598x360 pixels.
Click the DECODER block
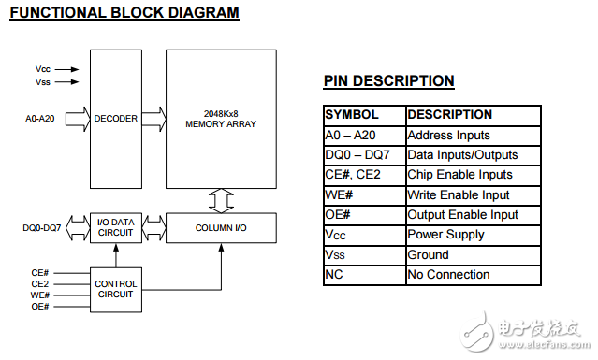click(x=116, y=119)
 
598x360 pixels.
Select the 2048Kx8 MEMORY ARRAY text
click(x=221, y=119)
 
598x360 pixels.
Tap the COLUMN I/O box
click(x=221, y=228)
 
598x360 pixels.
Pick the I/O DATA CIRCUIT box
click(x=116, y=228)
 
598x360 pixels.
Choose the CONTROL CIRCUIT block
click(x=116, y=290)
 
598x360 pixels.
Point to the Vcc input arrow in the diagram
click(x=66, y=69)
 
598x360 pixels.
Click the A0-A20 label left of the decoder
click(x=40, y=119)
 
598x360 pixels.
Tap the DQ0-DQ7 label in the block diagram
click(x=42, y=228)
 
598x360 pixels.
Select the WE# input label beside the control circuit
click(x=40, y=295)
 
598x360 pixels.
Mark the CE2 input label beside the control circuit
click(x=40, y=284)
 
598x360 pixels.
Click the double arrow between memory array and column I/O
click(x=221, y=201)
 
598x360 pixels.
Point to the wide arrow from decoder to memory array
click(x=154, y=119)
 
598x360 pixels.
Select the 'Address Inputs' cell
click(x=474, y=136)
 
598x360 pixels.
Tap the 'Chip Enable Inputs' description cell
click(x=474, y=175)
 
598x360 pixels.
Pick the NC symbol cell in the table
click(x=365, y=275)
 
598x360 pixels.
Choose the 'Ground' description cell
click(x=474, y=255)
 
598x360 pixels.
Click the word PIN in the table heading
click(x=336, y=80)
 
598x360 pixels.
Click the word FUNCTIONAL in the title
click(x=58, y=12)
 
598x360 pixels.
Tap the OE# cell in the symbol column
click(x=365, y=215)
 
